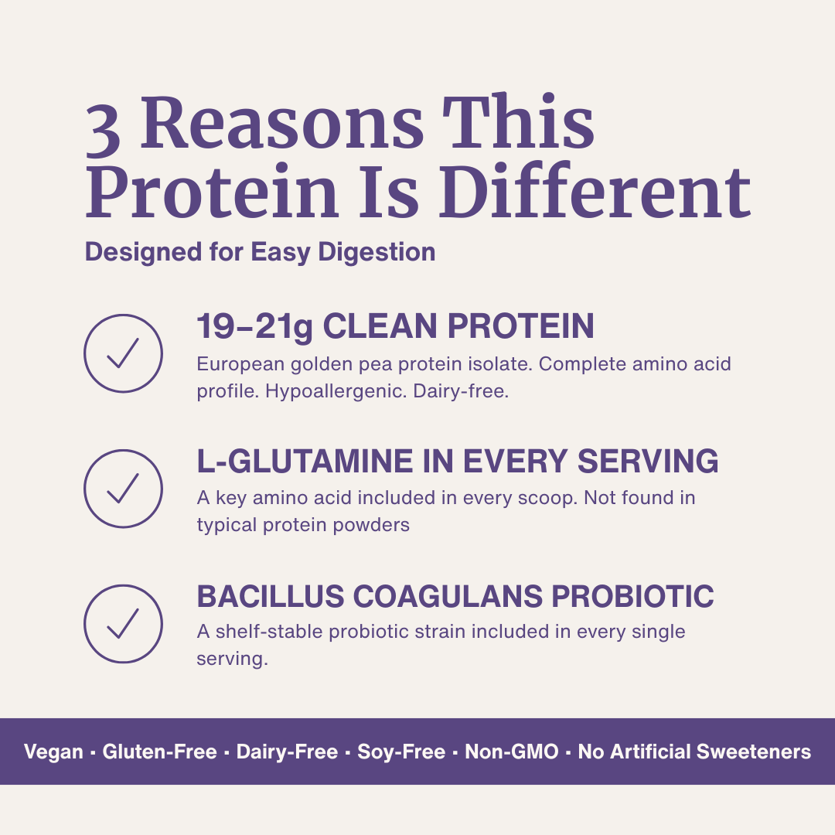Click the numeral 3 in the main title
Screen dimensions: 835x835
[103, 128]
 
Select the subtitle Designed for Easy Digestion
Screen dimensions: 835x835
[260, 252]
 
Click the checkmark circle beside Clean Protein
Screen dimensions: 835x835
[123, 353]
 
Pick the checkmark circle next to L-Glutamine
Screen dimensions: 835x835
[123, 489]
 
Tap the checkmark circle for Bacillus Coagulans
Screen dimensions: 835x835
[123, 624]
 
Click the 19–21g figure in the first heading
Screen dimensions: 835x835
[254, 327]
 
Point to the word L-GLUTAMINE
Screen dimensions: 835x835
[305, 462]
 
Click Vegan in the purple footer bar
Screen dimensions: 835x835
[53, 751]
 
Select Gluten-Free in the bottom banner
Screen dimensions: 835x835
[159, 751]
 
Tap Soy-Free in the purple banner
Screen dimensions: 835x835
[401, 751]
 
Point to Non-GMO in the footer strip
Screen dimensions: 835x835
[511, 751]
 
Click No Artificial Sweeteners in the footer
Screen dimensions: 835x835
[694, 751]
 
